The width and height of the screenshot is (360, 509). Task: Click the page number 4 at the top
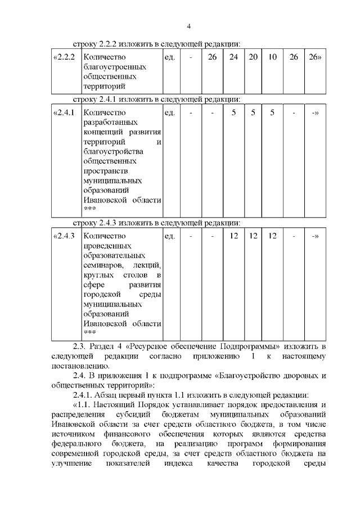189,26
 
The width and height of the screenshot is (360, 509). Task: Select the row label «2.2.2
64,57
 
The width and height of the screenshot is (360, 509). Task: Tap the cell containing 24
233,57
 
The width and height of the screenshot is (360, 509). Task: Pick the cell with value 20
253,57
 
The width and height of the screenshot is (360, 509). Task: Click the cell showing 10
272,57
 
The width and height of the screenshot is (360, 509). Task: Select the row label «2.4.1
64,112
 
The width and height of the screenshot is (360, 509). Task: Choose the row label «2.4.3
64,236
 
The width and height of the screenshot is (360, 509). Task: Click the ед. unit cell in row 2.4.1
169,112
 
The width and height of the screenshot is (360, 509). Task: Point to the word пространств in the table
105,172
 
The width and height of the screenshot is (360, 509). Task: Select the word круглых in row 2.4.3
97,275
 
